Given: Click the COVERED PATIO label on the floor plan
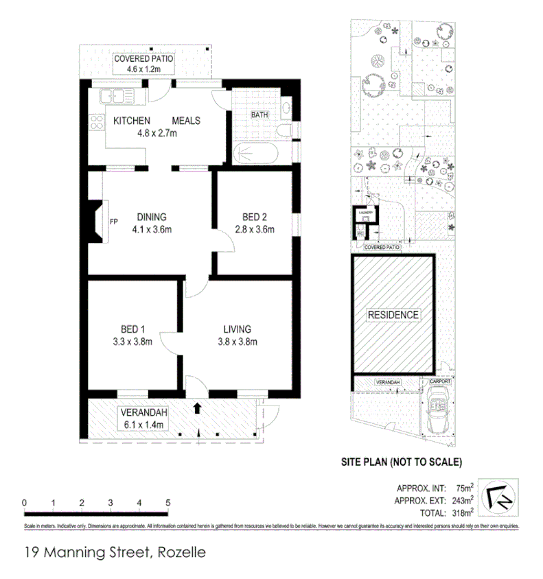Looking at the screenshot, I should click(x=143, y=59).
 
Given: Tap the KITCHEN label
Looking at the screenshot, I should click(x=131, y=121).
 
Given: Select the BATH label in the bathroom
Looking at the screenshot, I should click(x=259, y=115).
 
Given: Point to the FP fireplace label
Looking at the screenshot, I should click(x=114, y=221).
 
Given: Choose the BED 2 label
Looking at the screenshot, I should click(x=254, y=217).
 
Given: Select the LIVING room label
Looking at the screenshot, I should click(x=237, y=329).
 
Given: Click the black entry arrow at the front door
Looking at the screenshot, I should click(x=198, y=408).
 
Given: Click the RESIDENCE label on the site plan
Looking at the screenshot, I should click(x=393, y=315).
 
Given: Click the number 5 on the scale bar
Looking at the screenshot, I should click(x=168, y=503).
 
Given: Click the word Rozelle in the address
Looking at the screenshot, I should click(x=182, y=551).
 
